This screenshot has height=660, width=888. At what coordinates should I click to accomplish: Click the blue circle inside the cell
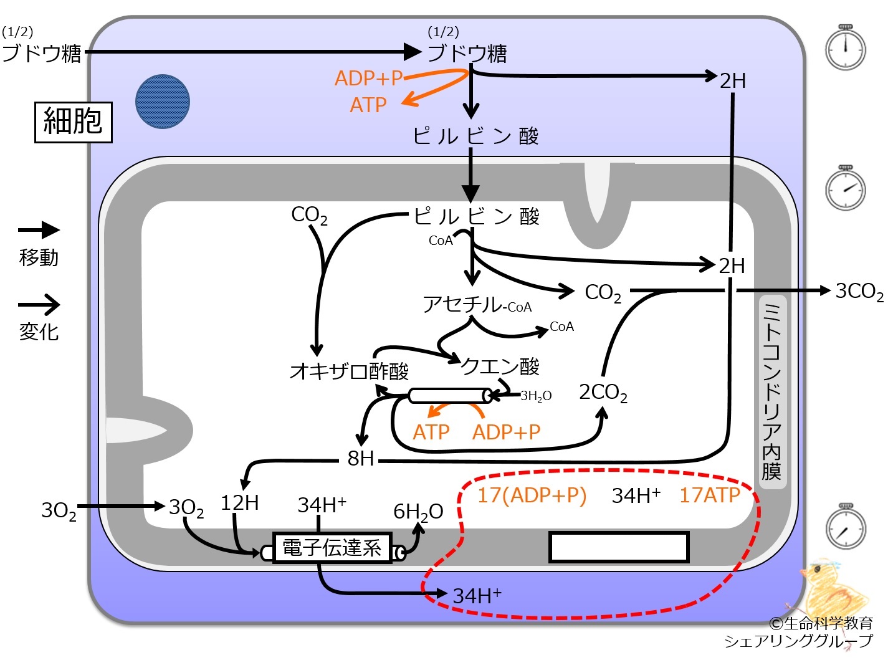click(163, 102)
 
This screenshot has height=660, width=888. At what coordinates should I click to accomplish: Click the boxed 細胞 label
click(73, 122)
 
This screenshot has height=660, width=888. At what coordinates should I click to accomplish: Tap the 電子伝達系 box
click(332, 548)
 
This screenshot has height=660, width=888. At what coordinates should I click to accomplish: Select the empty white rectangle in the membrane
click(619, 547)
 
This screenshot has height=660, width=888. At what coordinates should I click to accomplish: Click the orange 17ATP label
click(709, 495)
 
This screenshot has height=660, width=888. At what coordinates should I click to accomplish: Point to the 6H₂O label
click(418, 512)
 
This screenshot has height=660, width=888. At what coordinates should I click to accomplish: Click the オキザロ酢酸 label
click(349, 371)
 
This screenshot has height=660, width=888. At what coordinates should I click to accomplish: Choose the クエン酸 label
click(500, 366)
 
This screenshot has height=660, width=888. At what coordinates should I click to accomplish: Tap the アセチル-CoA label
click(477, 305)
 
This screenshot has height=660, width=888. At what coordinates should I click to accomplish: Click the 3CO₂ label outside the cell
click(859, 292)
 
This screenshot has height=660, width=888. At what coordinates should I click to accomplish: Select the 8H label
click(361, 459)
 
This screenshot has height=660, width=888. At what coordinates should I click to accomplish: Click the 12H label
click(239, 503)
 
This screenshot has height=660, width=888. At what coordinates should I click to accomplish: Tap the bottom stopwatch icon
click(846, 527)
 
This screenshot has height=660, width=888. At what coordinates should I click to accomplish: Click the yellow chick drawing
click(829, 592)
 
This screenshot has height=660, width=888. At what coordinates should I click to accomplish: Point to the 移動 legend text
click(39, 257)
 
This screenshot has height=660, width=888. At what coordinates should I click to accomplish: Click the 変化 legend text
click(39, 332)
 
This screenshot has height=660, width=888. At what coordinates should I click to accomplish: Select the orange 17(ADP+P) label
click(532, 495)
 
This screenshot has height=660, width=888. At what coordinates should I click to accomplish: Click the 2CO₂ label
click(603, 393)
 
